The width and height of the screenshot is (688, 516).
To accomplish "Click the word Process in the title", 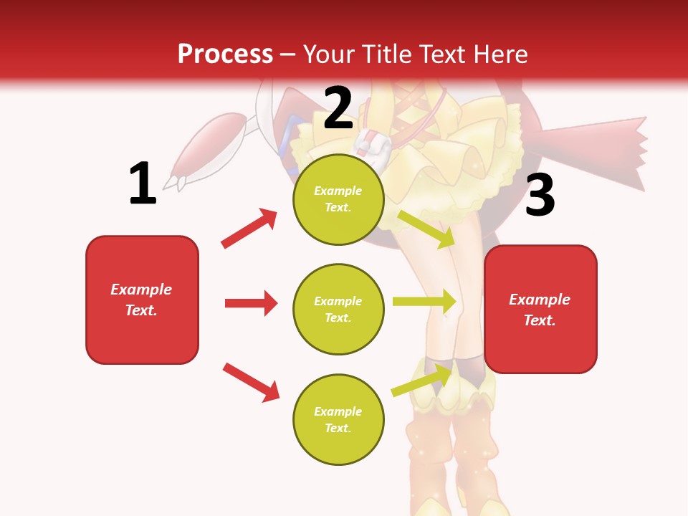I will tap(225, 54).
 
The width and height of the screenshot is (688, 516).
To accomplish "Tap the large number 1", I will tap(143, 183).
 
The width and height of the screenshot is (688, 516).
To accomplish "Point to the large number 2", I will tap(338, 108).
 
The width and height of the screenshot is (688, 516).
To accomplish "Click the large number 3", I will tap(540, 195).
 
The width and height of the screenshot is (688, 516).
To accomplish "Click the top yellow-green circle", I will tap(338, 199).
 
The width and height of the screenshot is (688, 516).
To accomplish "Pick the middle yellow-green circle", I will tap(338, 309).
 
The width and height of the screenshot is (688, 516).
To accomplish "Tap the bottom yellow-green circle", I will tap(338, 419).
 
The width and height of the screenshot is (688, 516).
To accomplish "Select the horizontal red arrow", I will tap(251, 303).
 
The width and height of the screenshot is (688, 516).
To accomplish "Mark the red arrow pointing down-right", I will tap(251, 382).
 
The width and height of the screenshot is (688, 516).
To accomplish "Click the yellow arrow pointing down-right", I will tap(426, 229).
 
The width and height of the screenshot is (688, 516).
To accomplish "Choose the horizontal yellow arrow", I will tap(424, 301).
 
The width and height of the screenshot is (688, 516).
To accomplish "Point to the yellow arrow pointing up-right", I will tap(423, 380).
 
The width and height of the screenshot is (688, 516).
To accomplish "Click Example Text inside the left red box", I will tap(141, 300).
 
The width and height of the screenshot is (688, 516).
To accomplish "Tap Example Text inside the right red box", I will tap(540, 310).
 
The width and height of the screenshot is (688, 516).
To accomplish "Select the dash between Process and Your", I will tap(288, 54).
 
